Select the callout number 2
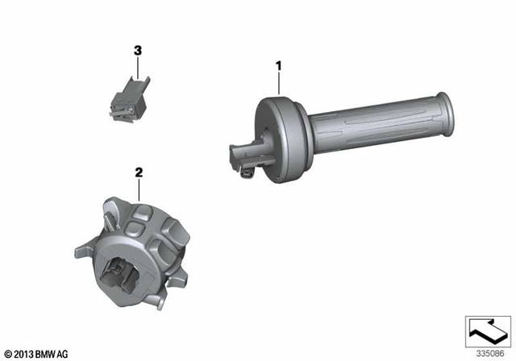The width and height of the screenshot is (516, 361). [139, 172]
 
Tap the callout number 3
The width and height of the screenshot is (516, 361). [137, 51]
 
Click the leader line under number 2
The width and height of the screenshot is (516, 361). [139, 190]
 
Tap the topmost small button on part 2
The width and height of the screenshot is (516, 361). [144, 214]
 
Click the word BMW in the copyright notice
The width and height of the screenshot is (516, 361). [48, 353]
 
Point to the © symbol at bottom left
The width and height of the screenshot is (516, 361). [8, 353]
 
